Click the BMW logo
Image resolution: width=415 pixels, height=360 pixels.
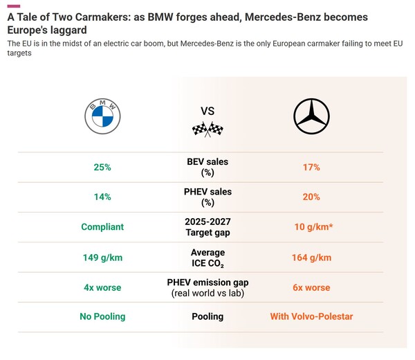point(102,116)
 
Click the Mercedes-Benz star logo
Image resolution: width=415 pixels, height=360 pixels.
point(311,116)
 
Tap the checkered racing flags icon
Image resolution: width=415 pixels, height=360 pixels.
point(207,129)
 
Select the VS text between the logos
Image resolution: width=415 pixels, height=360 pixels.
point(207,110)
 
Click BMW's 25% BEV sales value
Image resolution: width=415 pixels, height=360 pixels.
point(102,167)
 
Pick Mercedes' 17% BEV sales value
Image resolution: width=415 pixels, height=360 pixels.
point(311,167)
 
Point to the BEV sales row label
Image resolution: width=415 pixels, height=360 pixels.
point(207,167)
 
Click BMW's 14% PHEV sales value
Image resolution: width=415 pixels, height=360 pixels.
point(102,197)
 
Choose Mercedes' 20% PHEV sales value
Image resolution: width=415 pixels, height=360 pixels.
point(311,197)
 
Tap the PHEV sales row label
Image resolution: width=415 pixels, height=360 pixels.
point(207,197)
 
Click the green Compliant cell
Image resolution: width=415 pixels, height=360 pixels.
point(102,226)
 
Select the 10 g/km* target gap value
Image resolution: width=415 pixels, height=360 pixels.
point(311,226)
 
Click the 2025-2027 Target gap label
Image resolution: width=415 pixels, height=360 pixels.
point(207,226)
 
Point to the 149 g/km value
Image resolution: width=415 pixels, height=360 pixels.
point(102,257)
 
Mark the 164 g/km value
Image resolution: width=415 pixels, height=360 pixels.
point(311,257)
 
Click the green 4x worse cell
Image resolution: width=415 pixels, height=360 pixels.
point(102,287)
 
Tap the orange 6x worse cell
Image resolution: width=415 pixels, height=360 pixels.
point(311,287)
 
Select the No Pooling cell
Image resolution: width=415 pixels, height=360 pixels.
point(102,316)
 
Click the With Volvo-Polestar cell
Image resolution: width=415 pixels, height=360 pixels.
point(311,316)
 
